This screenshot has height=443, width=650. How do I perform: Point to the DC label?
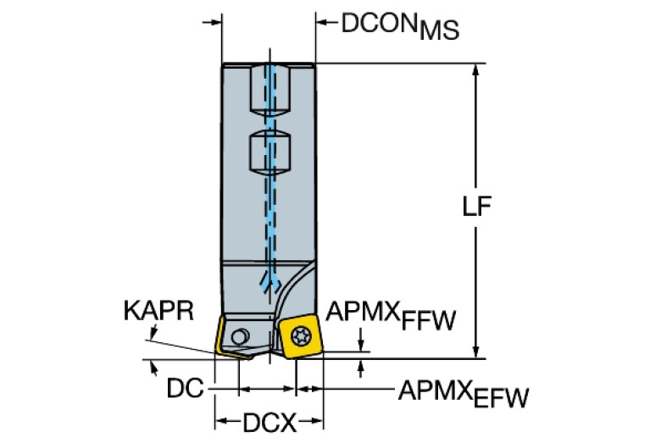coord(184,389)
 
